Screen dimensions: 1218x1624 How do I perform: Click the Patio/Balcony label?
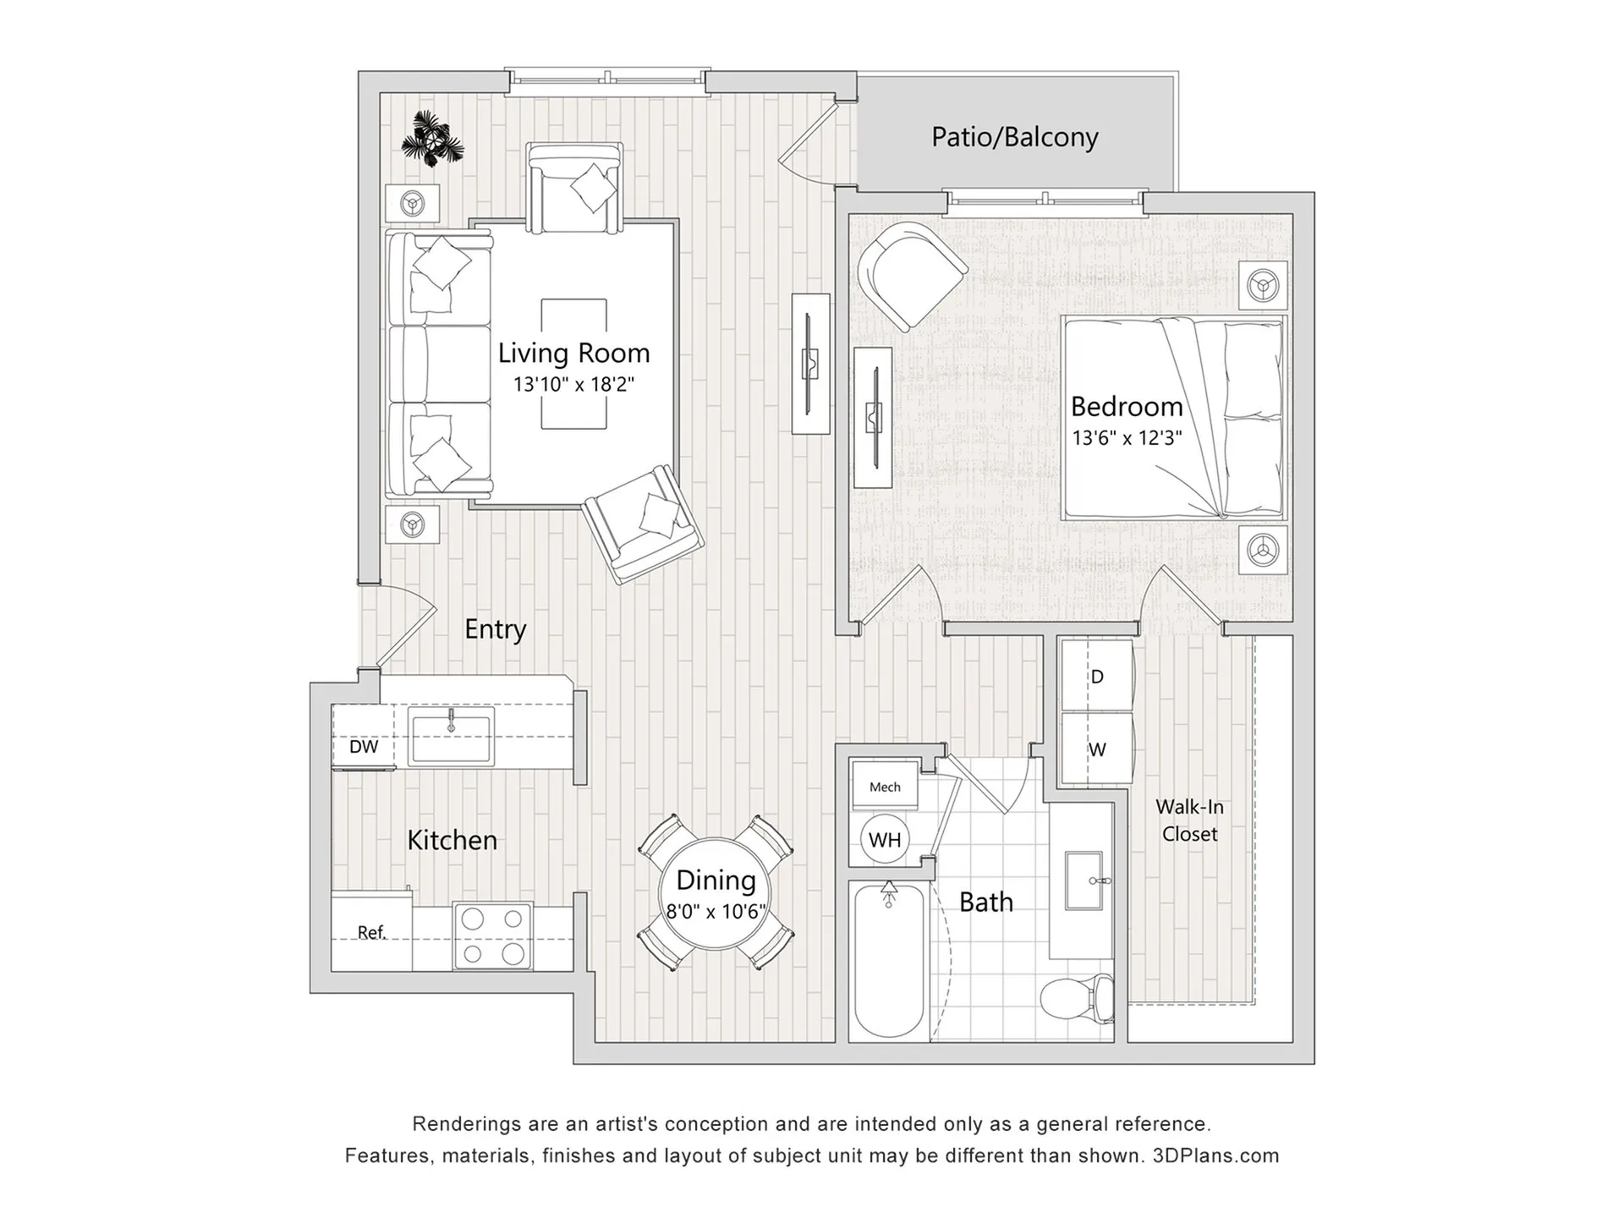click(x=1014, y=137)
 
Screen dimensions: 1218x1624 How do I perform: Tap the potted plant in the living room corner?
click(x=432, y=139)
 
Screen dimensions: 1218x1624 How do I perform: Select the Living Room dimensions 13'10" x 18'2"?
click(x=573, y=384)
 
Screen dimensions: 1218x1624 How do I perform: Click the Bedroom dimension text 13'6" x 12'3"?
click(x=1127, y=438)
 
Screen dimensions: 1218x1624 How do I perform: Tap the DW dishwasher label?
click(x=364, y=747)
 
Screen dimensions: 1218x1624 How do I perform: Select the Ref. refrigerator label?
click(x=371, y=932)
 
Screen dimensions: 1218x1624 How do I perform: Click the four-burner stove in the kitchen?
click(x=493, y=935)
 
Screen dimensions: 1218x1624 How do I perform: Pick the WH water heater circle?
click(x=885, y=840)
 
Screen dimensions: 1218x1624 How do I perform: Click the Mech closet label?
click(x=885, y=787)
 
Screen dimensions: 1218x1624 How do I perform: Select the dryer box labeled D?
click(x=1097, y=676)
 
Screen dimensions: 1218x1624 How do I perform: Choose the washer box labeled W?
click(x=1097, y=749)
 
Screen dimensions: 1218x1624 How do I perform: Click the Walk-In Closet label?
click(x=1189, y=820)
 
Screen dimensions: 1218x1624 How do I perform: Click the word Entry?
click(x=495, y=629)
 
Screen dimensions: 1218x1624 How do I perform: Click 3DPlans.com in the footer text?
click(x=1215, y=1155)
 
